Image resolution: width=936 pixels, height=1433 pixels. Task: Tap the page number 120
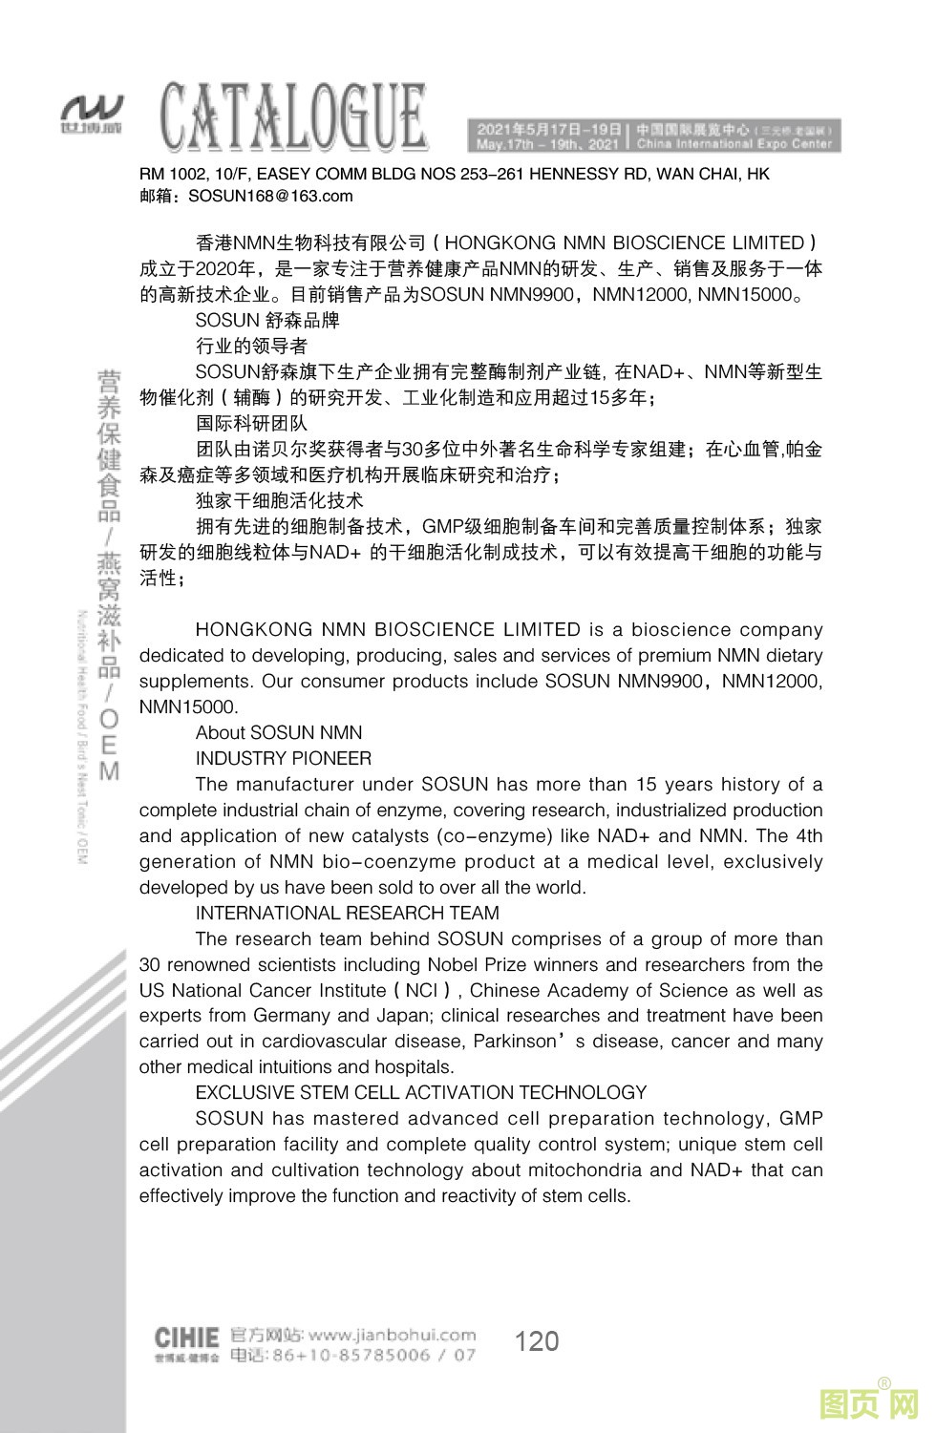click(x=536, y=1341)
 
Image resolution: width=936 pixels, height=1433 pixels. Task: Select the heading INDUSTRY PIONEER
click(x=284, y=759)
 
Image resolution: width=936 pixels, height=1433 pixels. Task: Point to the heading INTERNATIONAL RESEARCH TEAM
click(x=348, y=914)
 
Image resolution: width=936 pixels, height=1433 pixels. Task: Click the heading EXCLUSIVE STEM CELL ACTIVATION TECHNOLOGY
click(x=421, y=1093)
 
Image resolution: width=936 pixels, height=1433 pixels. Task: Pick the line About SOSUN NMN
click(x=279, y=733)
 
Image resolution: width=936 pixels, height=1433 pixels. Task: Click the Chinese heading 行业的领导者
click(x=251, y=346)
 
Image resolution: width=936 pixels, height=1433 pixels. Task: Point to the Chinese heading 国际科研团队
click(x=251, y=423)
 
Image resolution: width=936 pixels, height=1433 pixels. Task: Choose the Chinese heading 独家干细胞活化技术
click(x=279, y=500)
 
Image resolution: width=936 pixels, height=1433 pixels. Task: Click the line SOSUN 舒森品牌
click(x=267, y=320)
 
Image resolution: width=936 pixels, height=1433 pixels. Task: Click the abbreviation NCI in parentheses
click(x=421, y=990)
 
